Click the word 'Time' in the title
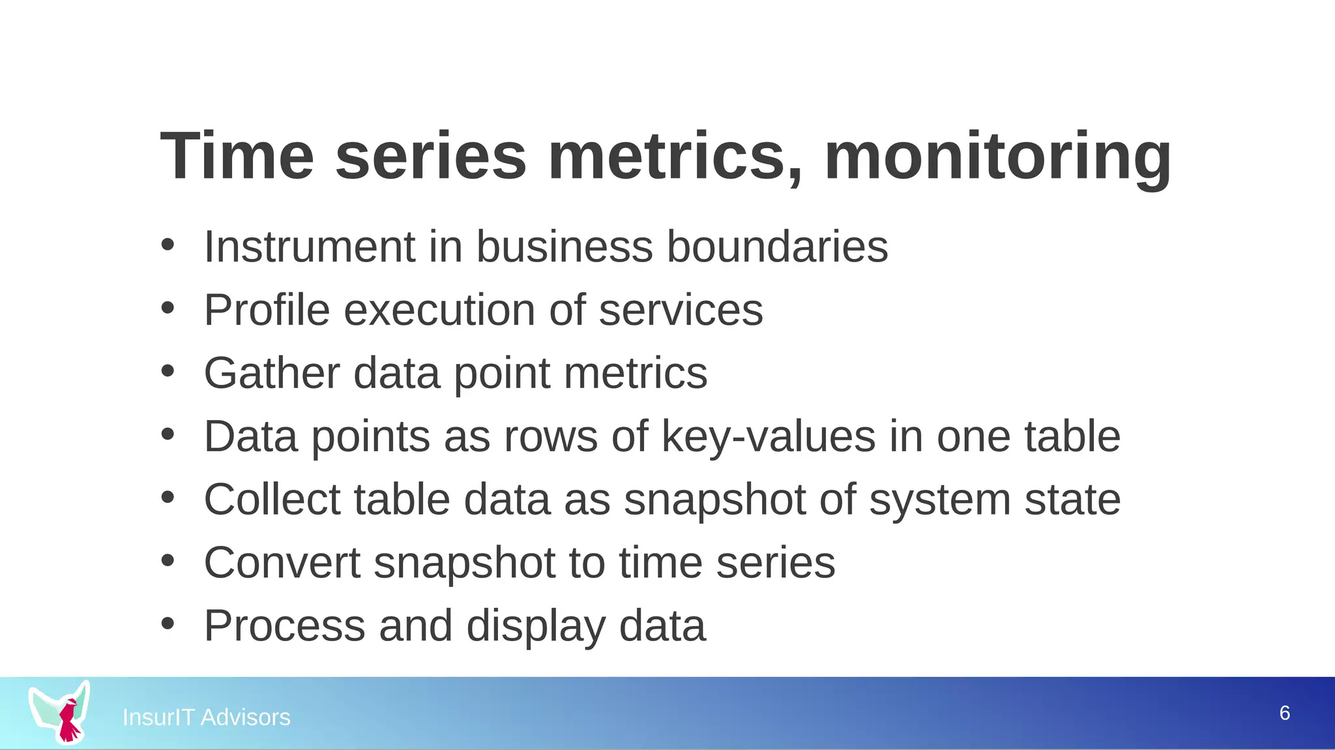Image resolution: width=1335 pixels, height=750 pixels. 237,157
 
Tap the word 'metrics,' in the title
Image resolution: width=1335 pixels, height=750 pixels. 675,157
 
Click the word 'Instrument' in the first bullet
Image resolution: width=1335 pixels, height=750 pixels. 310,247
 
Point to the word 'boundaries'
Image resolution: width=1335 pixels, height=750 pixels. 777,247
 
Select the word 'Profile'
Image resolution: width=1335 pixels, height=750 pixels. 267,310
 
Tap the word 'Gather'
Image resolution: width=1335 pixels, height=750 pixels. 272,373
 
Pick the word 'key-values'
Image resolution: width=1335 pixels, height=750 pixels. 769,436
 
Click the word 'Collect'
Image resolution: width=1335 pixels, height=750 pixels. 272,500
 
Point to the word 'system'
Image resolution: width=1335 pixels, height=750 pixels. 939,500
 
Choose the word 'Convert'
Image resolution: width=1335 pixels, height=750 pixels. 282,563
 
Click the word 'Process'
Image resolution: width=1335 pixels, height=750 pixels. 284,626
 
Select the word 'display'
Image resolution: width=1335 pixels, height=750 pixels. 536,626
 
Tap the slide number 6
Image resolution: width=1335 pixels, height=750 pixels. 1284,713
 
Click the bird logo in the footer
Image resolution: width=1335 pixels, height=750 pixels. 61,712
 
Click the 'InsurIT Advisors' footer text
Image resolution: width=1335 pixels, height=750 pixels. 206,717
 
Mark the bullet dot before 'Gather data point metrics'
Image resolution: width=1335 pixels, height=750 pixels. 168,371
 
